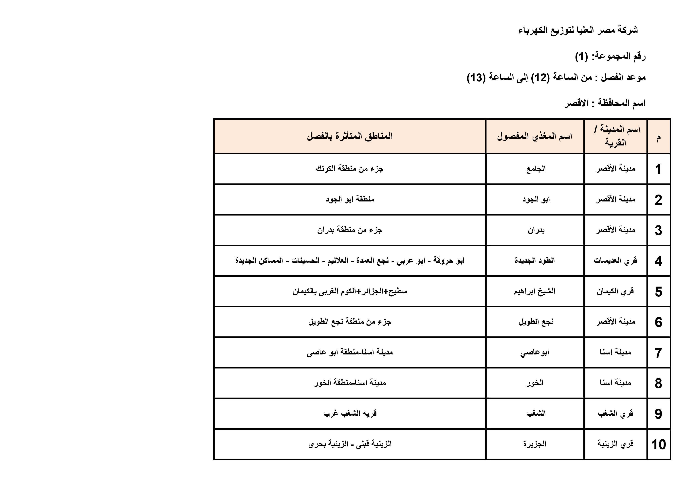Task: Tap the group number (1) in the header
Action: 581,57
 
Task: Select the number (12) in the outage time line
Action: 540,78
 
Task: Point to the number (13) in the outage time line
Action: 476,78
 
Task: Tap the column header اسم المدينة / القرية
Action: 615,136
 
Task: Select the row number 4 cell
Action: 658,261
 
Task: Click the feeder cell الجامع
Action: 536,169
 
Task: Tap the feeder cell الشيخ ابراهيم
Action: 535,292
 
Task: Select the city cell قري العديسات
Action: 615,261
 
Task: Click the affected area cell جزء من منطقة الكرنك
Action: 350,169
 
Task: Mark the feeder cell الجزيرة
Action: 535,444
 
